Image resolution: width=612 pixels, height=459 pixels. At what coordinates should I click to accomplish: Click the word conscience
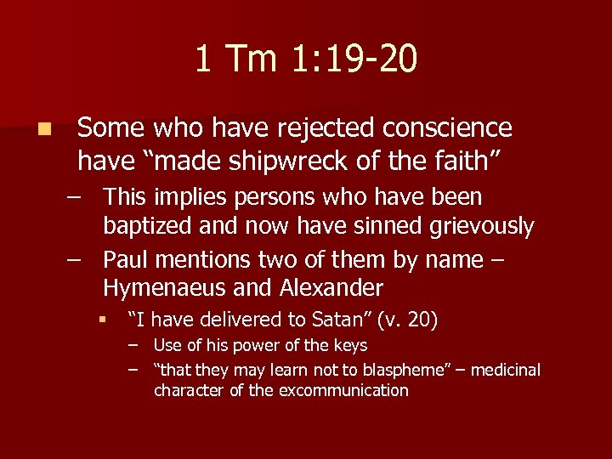pyautogui.click(x=447, y=128)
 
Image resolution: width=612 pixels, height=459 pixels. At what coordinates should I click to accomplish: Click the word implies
pyautogui.click(x=184, y=197)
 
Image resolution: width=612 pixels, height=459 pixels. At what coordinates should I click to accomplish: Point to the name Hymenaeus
pyautogui.click(x=161, y=287)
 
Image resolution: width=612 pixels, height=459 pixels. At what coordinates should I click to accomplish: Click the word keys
pyautogui.click(x=350, y=346)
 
